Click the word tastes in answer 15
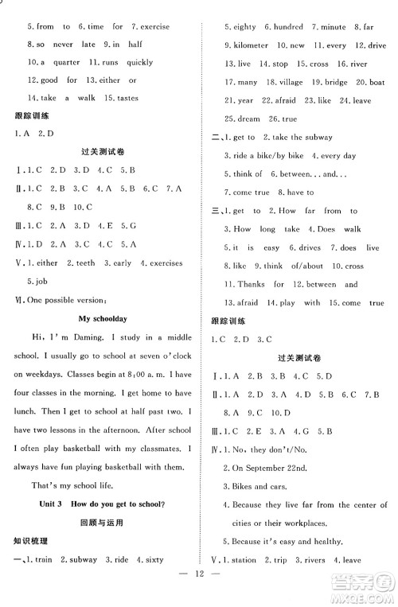coord(126,98)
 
